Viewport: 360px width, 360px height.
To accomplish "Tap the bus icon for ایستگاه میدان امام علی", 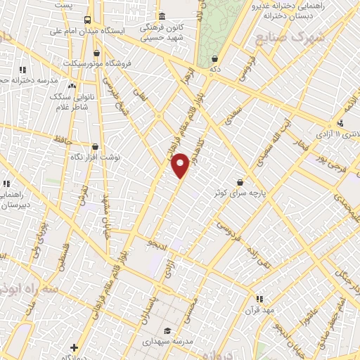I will coord(87,20).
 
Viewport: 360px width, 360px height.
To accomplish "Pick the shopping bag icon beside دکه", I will coord(214,59).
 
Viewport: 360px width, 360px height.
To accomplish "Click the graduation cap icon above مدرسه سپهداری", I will coord(167,331).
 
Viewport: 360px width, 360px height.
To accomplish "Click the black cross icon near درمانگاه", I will coord(74,347).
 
